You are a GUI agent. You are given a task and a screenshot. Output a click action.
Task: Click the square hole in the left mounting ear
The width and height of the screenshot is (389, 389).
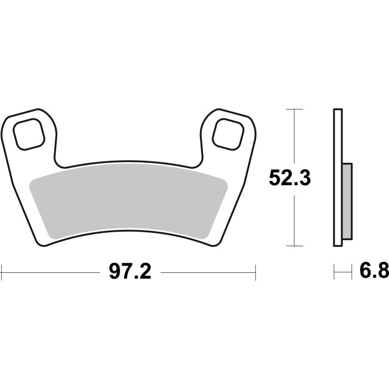(x=29, y=133)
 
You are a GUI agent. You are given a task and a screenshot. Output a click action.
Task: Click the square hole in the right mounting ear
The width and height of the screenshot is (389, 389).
(x=228, y=133)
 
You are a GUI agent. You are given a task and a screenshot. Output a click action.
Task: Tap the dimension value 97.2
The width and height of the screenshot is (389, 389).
(x=130, y=272)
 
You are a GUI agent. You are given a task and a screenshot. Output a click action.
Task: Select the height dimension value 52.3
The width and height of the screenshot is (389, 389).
(x=289, y=178)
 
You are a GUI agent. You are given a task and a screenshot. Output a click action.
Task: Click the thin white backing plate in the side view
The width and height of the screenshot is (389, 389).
(x=337, y=178)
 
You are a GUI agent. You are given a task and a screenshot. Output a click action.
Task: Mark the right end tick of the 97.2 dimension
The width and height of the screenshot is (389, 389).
(x=255, y=272)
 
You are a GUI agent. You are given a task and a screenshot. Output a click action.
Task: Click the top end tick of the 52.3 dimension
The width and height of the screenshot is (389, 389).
(x=294, y=109)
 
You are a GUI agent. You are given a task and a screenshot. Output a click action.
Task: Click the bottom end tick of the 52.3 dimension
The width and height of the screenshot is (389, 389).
(x=294, y=246)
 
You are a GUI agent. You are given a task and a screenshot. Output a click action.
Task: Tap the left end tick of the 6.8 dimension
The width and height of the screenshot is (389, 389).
(x=334, y=272)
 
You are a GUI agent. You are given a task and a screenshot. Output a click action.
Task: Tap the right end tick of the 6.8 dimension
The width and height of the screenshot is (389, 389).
(x=352, y=272)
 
